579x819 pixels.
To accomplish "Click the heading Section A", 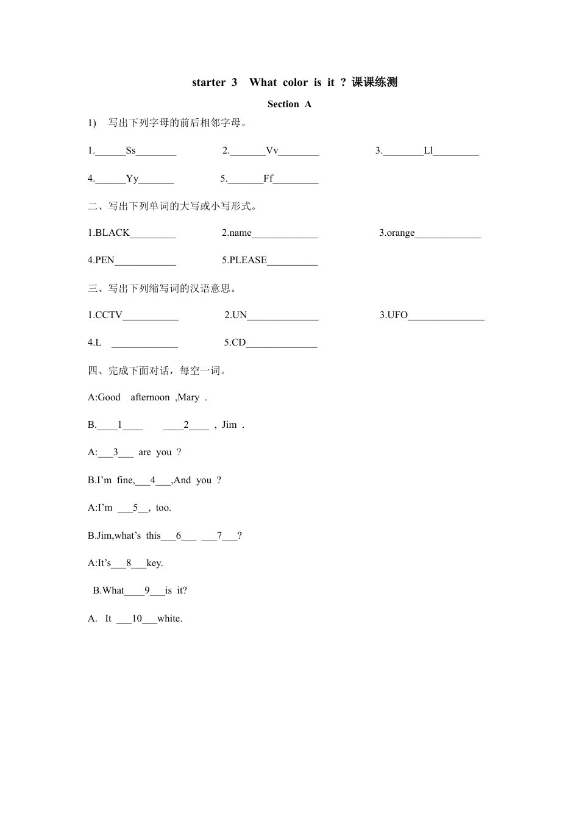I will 289,104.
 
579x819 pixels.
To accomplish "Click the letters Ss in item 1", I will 131,151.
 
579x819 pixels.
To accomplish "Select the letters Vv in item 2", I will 272,151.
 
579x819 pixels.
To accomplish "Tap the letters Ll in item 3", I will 428,151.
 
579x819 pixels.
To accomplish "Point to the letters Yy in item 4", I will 132,179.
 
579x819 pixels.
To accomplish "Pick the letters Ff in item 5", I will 268,179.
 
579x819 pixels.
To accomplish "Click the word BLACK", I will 113,233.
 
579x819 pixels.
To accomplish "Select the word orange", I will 400,233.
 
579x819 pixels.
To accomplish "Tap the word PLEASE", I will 248,260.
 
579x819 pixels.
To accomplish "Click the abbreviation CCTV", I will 109,315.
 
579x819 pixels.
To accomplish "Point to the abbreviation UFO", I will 397,315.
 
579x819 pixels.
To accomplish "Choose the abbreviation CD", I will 238,342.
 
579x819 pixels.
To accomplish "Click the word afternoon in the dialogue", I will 150,397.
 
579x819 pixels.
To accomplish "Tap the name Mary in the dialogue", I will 189,397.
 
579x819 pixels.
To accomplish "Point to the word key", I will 155,563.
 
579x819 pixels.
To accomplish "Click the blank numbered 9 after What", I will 147,590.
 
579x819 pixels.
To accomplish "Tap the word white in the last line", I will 169,619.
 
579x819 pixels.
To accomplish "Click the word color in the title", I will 296,82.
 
